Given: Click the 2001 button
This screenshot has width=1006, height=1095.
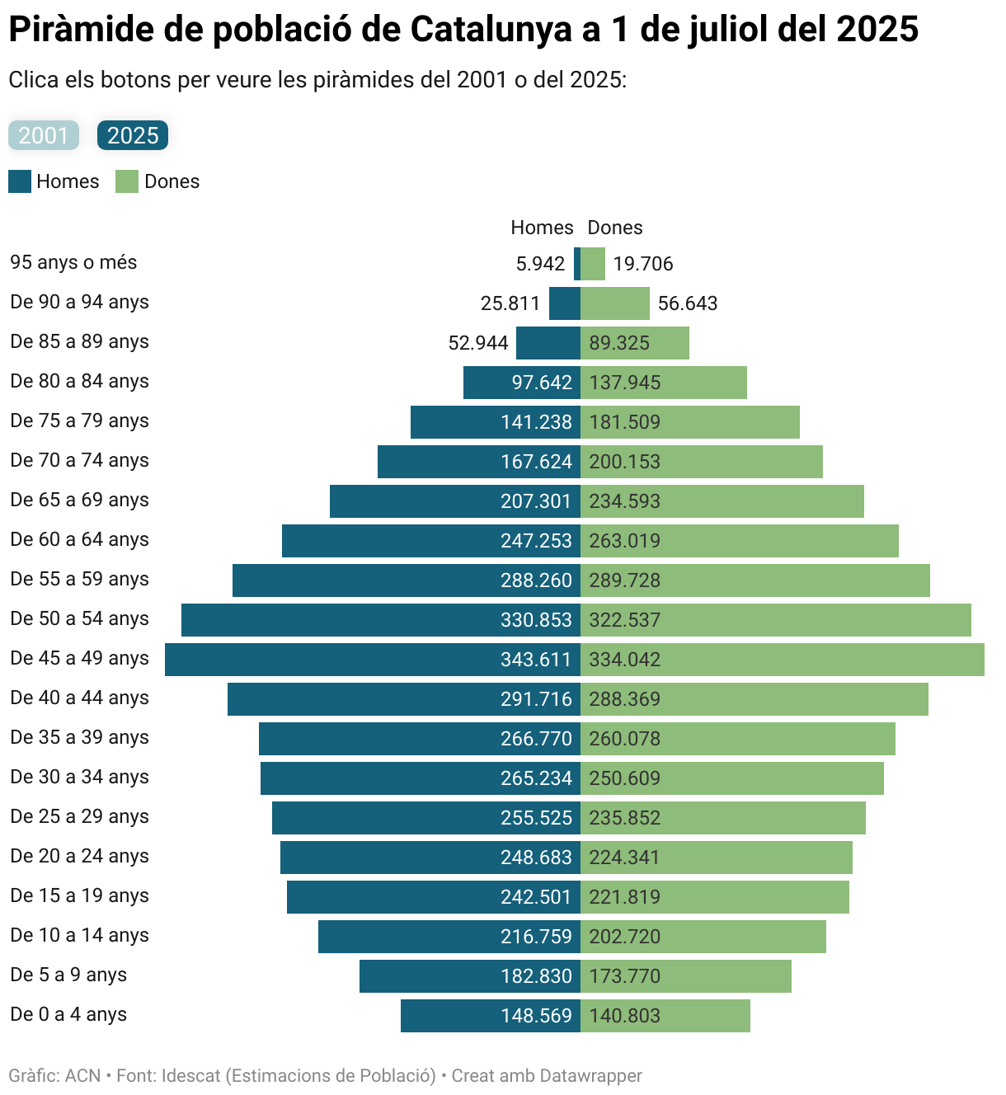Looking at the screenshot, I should coord(44,135).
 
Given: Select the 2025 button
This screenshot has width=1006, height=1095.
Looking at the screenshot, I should coord(133,135).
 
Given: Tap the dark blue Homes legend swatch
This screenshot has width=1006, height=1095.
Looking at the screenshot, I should coord(20,181).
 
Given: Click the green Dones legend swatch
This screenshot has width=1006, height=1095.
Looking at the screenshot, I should coord(127,181).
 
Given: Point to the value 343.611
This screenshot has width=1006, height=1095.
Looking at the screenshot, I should coord(536,660).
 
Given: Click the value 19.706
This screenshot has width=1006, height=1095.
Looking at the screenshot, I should coord(643,264).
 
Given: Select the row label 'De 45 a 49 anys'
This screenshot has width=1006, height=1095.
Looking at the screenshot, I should coord(80,658).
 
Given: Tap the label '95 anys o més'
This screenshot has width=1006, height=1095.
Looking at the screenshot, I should coord(73,262).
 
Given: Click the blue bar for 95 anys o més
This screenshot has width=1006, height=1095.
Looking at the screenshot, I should coord(577,264).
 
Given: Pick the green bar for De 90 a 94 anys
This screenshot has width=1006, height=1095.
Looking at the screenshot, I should coord(615,303).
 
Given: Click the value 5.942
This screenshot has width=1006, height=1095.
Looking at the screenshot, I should coord(540,264).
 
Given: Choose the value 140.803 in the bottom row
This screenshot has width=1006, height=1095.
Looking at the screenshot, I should coord(625,1016).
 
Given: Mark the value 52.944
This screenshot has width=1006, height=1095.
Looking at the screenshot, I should coord(478,343).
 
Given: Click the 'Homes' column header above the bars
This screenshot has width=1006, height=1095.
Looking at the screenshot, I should coord(542,228).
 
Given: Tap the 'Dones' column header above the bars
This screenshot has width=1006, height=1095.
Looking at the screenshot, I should coord(615,228).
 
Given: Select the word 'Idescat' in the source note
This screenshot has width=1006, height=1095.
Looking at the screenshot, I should coord(191,1076).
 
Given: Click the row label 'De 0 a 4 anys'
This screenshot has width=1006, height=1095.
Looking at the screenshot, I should coord(68,1014).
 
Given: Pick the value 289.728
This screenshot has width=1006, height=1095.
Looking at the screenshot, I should coord(625,580).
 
